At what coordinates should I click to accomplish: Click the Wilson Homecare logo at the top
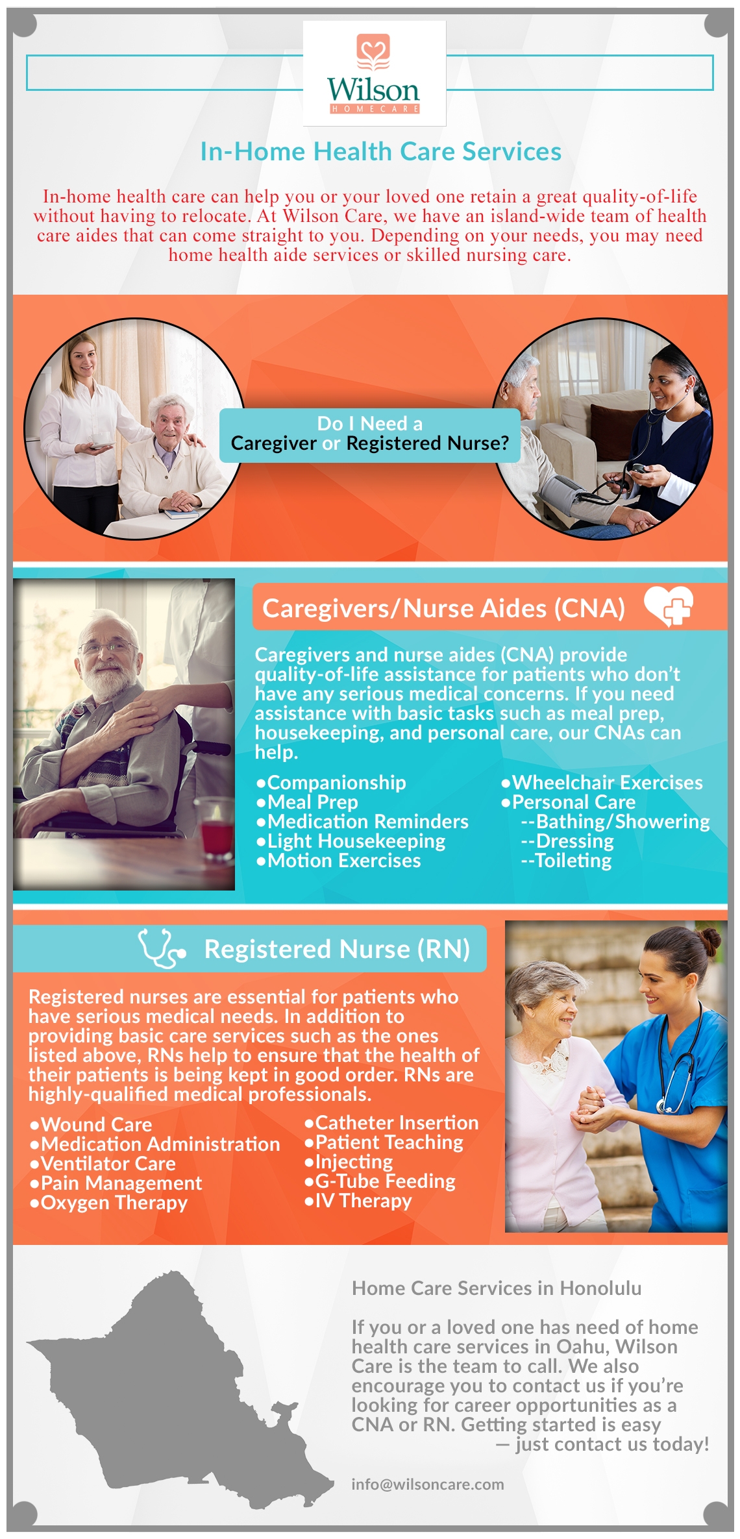374,73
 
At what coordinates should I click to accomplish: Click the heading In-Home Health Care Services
380,152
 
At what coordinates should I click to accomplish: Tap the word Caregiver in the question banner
273,443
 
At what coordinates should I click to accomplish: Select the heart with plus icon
669,606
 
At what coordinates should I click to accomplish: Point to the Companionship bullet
331,783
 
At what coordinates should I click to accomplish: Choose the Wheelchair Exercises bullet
602,783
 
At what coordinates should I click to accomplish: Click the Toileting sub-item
566,861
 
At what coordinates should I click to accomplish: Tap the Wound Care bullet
91,1125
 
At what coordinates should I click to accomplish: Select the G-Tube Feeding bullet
380,1181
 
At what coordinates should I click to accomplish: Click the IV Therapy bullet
358,1201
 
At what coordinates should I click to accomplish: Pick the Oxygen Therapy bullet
108,1203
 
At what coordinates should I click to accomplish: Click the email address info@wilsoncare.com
428,1484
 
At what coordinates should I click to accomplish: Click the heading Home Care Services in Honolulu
497,1288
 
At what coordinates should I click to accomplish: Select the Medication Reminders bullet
362,822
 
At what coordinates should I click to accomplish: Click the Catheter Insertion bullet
391,1123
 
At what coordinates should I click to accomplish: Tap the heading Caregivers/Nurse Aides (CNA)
443,609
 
